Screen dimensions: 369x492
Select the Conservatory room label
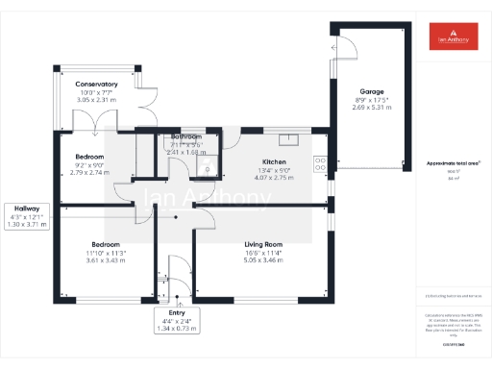96,85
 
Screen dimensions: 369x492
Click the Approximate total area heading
454,163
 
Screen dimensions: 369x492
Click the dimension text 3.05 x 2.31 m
96,100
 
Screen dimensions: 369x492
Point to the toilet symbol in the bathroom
205,169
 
